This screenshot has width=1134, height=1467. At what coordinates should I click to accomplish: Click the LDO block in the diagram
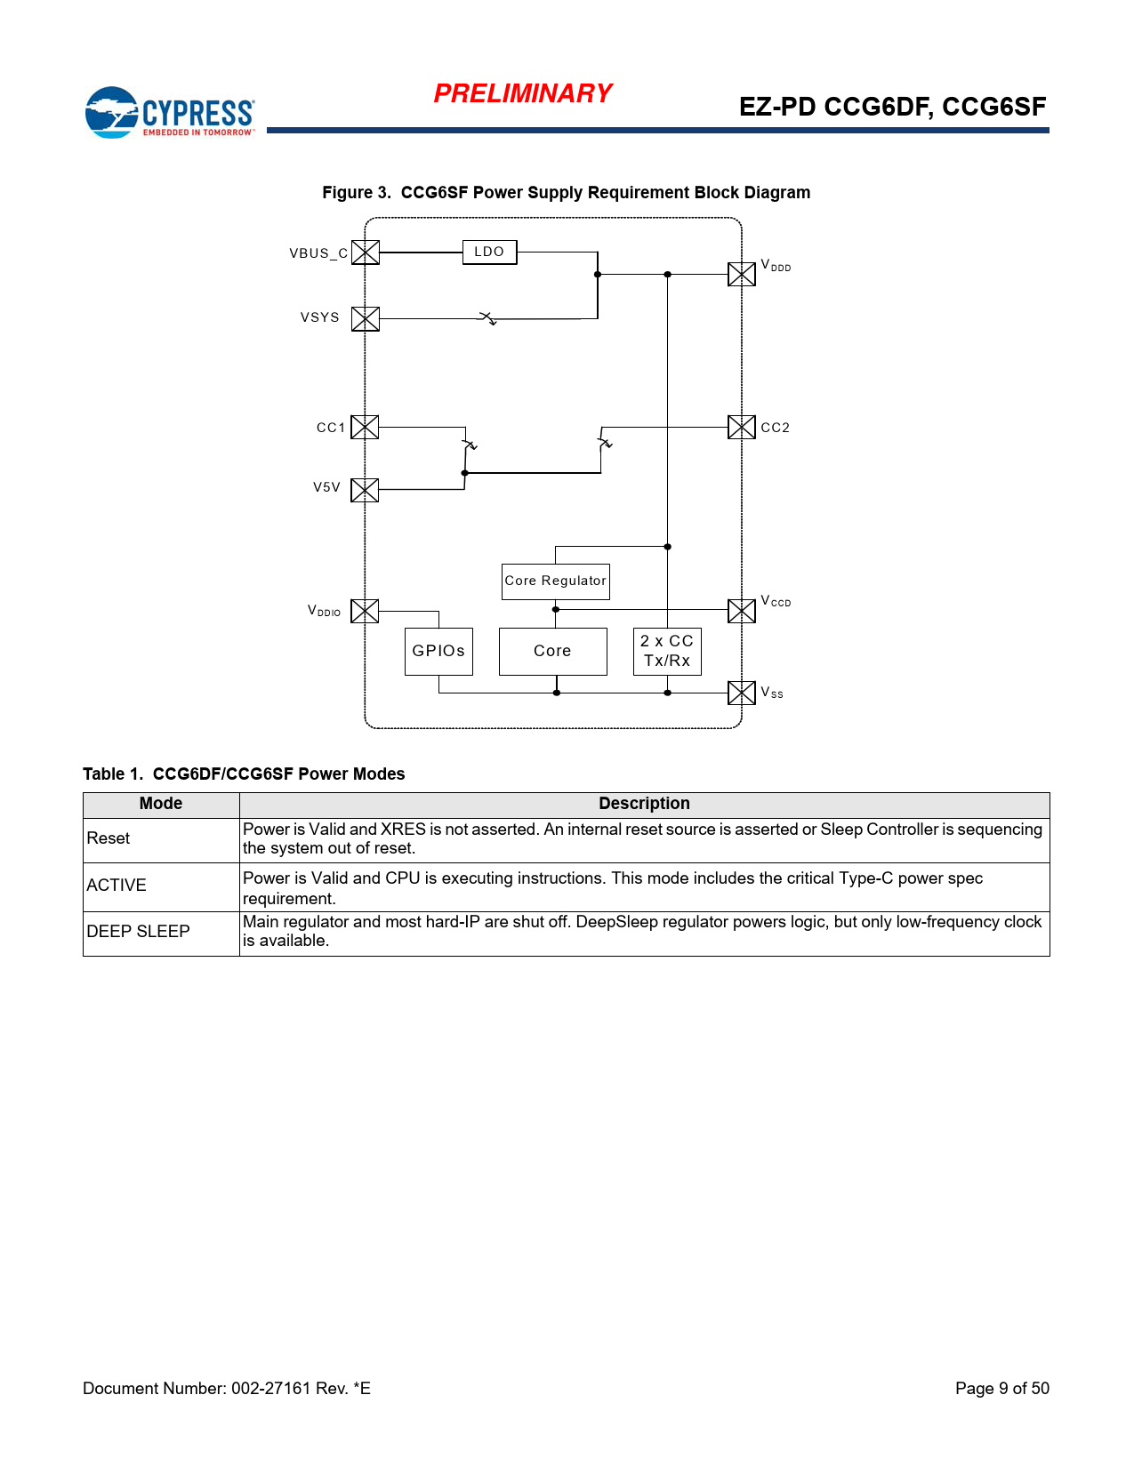pyautogui.click(x=489, y=253)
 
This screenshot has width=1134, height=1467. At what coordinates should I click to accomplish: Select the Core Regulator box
pyautogui.click(x=555, y=581)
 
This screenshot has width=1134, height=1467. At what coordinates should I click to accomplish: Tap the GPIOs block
pyautogui.click(x=438, y=652)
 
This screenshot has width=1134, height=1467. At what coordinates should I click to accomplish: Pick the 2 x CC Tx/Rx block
pyautogui.click(x=667, y=652)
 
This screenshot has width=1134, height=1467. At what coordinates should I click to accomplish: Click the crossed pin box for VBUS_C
pyautogui.click(x=366, y=253)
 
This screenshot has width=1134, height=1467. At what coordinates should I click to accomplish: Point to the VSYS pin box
pyautogui.click(x=366, y=318)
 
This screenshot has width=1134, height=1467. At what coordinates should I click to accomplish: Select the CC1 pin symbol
pyautogui.click(x=365, y=428)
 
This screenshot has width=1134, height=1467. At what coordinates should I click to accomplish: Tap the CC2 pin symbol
pyautogui.click(x=742, y=428)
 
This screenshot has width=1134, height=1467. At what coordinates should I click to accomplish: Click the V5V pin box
pyautogui.click(x=365, y=490)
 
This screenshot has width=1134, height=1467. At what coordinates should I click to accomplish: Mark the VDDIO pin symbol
pyautogui.click(x=365, y=611)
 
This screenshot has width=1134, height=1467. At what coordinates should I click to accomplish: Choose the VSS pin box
pyautogui.click(x=742, y=693)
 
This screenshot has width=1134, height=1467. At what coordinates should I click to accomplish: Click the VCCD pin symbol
pyautogui.click(x=742, y=611)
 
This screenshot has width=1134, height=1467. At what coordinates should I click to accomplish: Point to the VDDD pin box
pyautogui.click(x=742, y=274)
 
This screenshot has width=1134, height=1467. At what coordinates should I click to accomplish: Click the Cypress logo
pyautogui.click(x=170, y=113)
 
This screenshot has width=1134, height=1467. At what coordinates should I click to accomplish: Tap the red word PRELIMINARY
pyautogui.click(x=523, y=93)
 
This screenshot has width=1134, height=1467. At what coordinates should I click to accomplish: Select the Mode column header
pyautogui.click(x=161, y=804)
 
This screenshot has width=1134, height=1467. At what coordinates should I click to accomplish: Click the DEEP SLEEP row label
pyautogui.click(x=139, y=932)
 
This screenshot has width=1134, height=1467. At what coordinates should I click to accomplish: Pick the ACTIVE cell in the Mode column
pyautogui.click(x=117, y=886)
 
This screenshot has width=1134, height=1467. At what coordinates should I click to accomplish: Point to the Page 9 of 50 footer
pyautogui.click(x=1001, y=1389)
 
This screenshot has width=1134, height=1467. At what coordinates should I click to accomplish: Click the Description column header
pyautogui.click(x=644, y=804)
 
